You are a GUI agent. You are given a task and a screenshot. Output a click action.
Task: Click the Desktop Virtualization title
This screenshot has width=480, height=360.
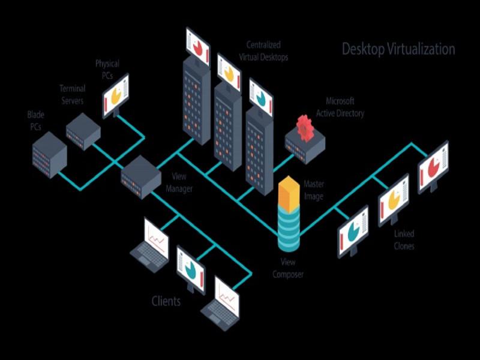pos(398,49)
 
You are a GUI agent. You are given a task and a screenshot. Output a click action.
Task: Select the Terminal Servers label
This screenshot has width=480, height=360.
pos(71,95)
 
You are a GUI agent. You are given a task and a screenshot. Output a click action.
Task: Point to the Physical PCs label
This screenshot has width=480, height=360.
pos(107,68)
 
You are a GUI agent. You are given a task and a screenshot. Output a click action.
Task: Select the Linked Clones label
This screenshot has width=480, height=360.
pos(404,240)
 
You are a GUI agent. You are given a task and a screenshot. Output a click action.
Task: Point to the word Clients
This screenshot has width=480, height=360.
pos(166,301)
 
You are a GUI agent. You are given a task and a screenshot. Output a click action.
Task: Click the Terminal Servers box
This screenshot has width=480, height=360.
pos(83,129)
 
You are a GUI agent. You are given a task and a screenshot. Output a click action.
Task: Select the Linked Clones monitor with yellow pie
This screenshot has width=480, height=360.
pos(393,200)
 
